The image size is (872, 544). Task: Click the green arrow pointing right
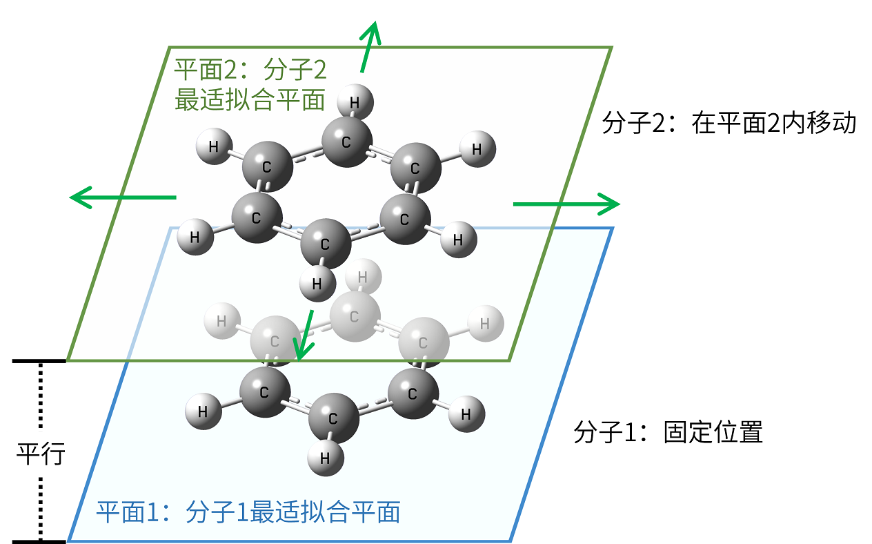pyautogui.click(x=566, y=204)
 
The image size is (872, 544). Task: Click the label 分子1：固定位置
pyautogui.click(x=668, y=433)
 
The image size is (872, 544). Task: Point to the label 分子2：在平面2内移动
pyautogui.click(x=729, y=124)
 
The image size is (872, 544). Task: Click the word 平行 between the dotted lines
pyautogui.click(x=41, y=454)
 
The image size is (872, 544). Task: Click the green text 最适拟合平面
pyautogui.click(x=250, y=101)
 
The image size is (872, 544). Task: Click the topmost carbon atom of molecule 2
pyautogui.click(x=347, y=142)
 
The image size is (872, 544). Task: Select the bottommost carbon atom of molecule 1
pyautogui.click(x=333, y=418)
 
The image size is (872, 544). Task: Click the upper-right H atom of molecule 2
pyautogui.click(x=477, y=149)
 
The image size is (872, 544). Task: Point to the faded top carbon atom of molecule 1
pyautogui.click(x=355, y=317)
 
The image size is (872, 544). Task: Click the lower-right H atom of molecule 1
pyautogui.click(x=466, y=414)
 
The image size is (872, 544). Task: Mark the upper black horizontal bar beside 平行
pyautogui.click(x=39, y=360)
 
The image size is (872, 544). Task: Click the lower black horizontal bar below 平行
pyautogui.click(x=39, y=541)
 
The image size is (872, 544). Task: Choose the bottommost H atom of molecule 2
pyautogui.click(x=317, y=283)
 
